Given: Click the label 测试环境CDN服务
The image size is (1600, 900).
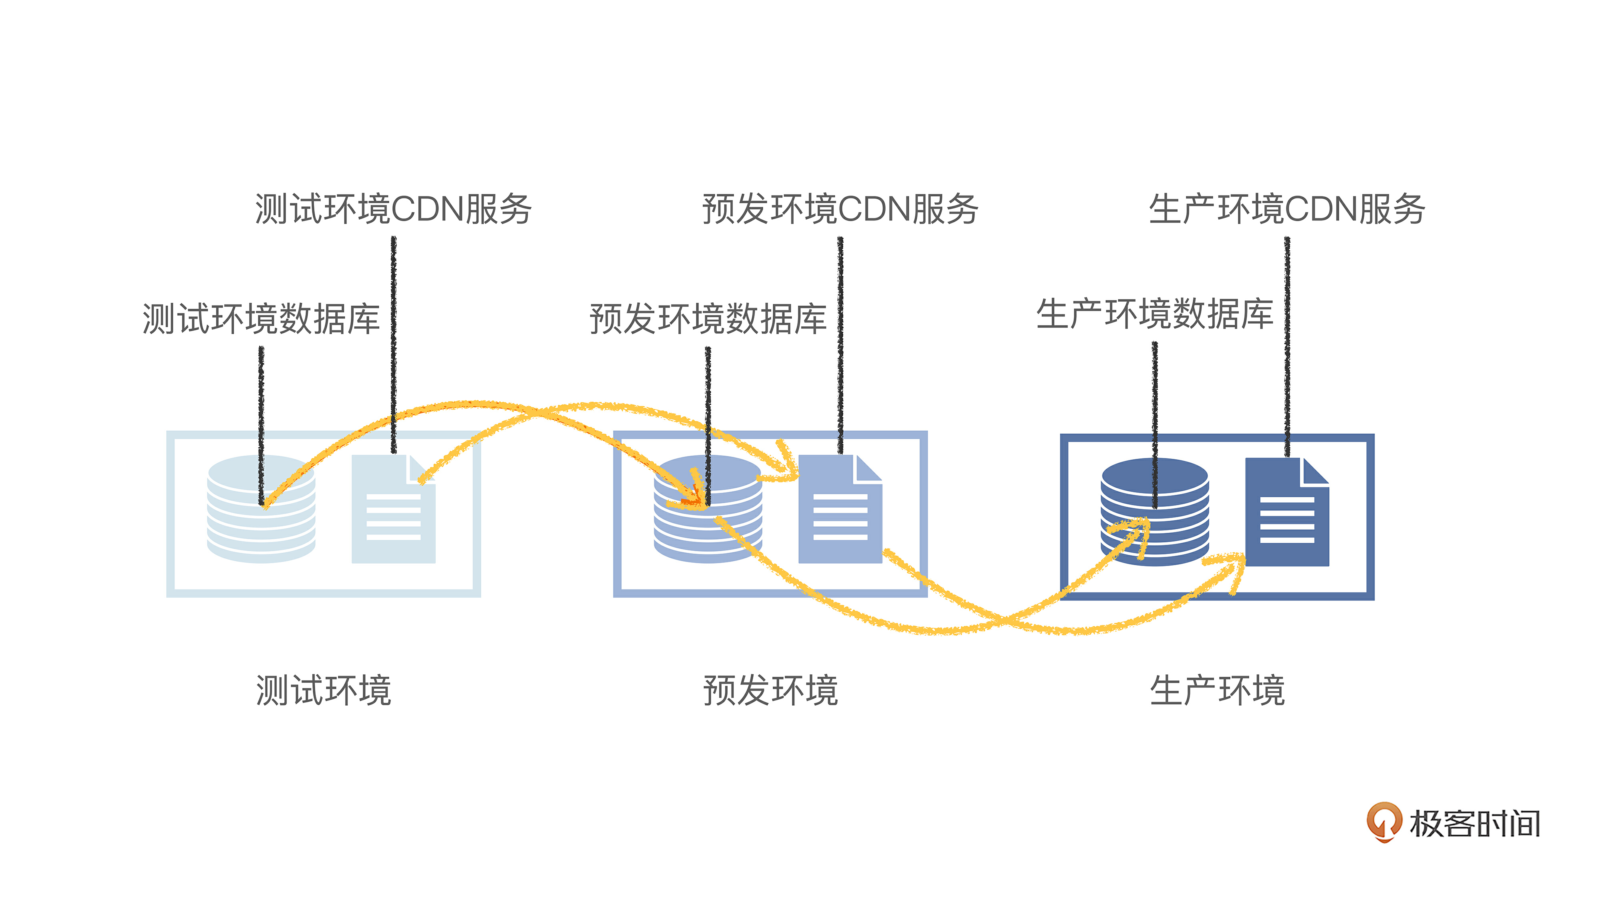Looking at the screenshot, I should click(393, 209).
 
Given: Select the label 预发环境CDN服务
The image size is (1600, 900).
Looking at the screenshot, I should click(840, 209).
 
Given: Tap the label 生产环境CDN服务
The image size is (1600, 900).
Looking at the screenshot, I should click(1286, 209).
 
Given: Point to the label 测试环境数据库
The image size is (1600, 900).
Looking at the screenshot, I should click(261, 319).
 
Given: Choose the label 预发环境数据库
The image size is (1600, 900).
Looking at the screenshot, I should click(708, 319).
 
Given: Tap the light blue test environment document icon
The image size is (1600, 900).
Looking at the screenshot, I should click(393, 509).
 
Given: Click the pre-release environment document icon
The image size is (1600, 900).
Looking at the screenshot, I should click(840, 509).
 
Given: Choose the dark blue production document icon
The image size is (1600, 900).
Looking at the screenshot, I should click(1287, 512).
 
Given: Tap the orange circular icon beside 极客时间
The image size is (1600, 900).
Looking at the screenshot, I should click(1384, 822).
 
